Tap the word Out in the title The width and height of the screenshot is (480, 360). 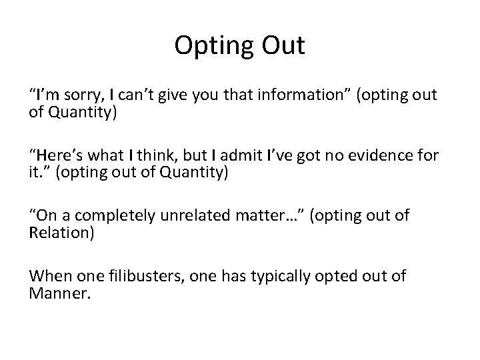pos(282,46)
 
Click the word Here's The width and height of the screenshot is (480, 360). pos(62,156)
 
